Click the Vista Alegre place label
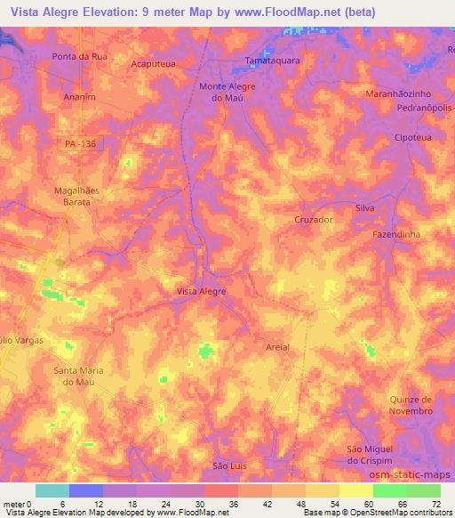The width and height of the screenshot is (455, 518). (202, 291)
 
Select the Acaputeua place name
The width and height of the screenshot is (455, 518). (153, 64)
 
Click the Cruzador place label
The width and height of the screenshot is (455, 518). (313, 219)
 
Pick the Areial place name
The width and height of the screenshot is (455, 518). (278, 346)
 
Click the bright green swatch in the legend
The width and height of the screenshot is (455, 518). (389, 490)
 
